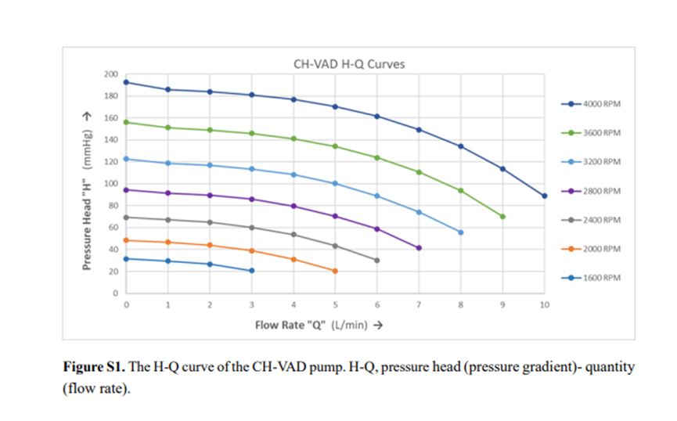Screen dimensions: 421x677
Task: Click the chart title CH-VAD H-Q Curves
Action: [348, 63]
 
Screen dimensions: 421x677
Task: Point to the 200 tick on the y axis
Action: [110, 74]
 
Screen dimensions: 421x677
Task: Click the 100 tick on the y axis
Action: [110, 184]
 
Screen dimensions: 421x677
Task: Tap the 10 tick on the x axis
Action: [544, 304]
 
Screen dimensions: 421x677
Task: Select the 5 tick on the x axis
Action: [335, 304]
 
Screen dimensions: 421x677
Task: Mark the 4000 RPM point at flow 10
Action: [544, 196]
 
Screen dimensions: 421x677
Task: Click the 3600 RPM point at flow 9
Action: [502, 216]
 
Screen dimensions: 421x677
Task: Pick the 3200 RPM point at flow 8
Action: [460, 232]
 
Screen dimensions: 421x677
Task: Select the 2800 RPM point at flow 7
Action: [419, 248]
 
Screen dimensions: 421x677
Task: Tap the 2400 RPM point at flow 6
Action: [377, 261]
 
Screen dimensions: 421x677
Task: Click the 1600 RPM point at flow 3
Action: [251, 271]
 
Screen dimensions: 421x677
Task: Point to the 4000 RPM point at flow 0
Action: [126, 82]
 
